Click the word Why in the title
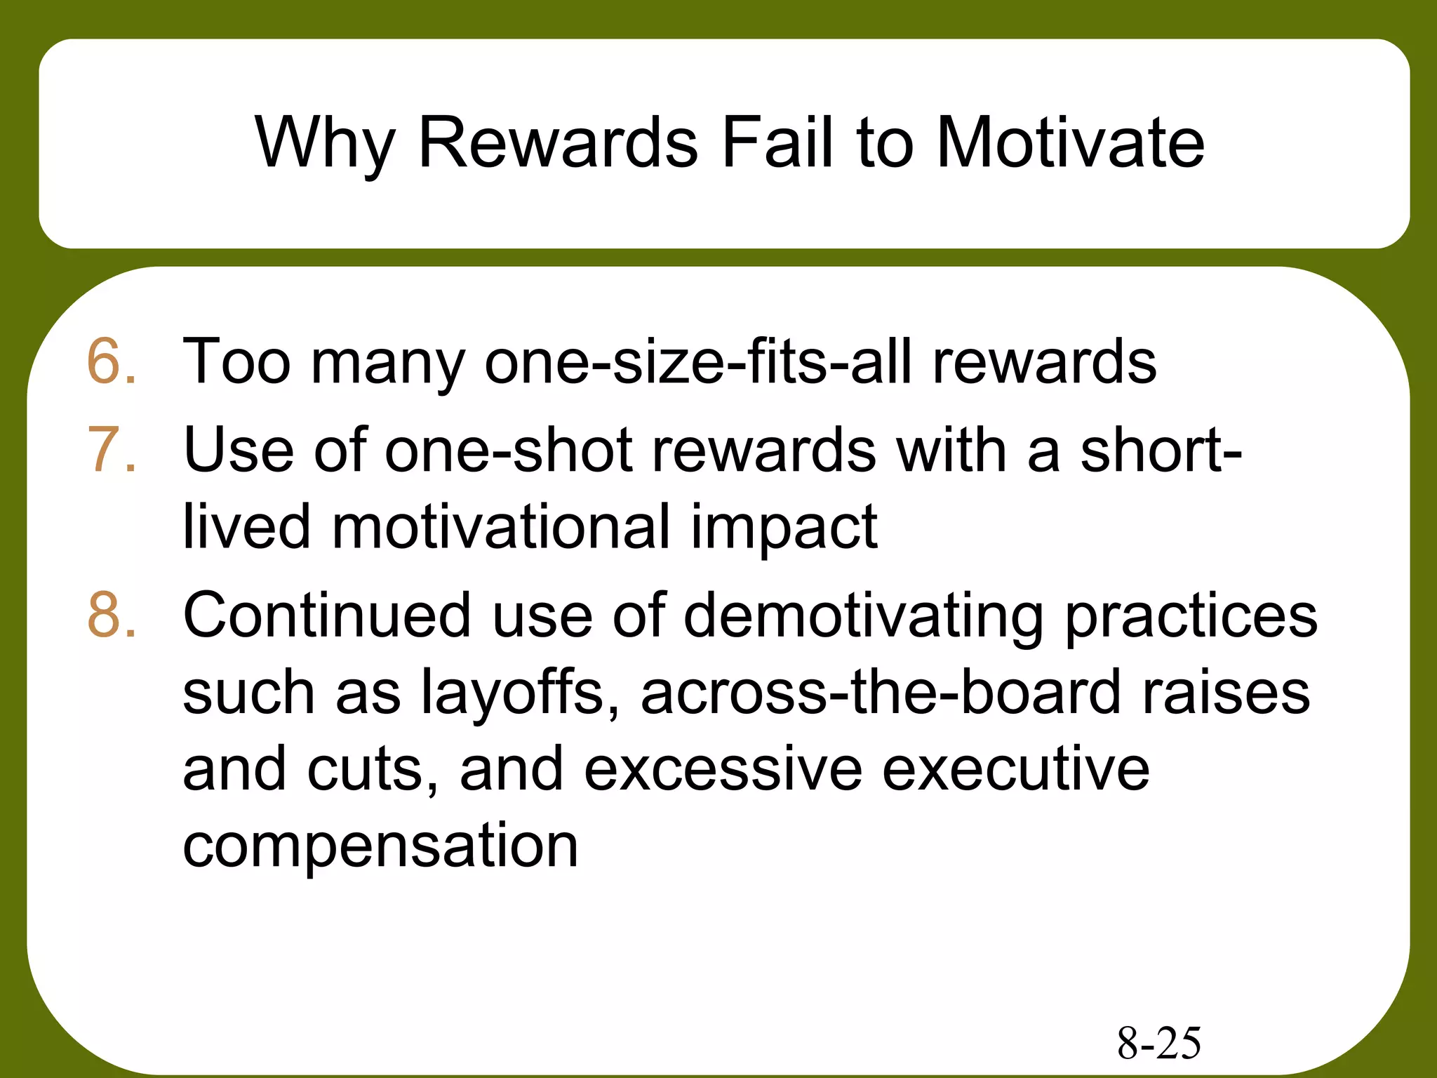coord(326,144)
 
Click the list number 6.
coord(111,362)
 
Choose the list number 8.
coord(111,615)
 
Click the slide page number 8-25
coord(1158,1043)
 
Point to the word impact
coord(784,528)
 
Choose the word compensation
coord(380,846)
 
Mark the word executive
coord(1015,769)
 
